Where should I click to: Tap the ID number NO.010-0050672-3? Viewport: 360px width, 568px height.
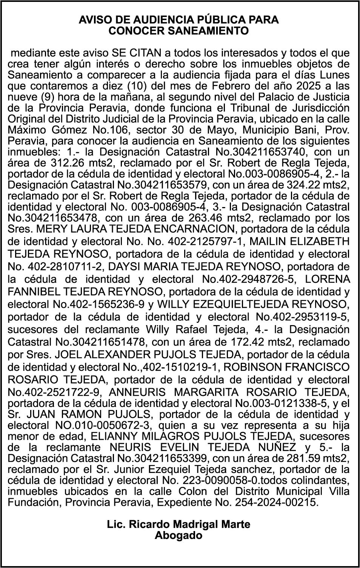(99, 425)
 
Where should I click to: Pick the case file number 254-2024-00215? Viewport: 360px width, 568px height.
(276, 502)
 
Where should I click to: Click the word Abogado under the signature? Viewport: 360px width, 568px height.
(178, 535)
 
